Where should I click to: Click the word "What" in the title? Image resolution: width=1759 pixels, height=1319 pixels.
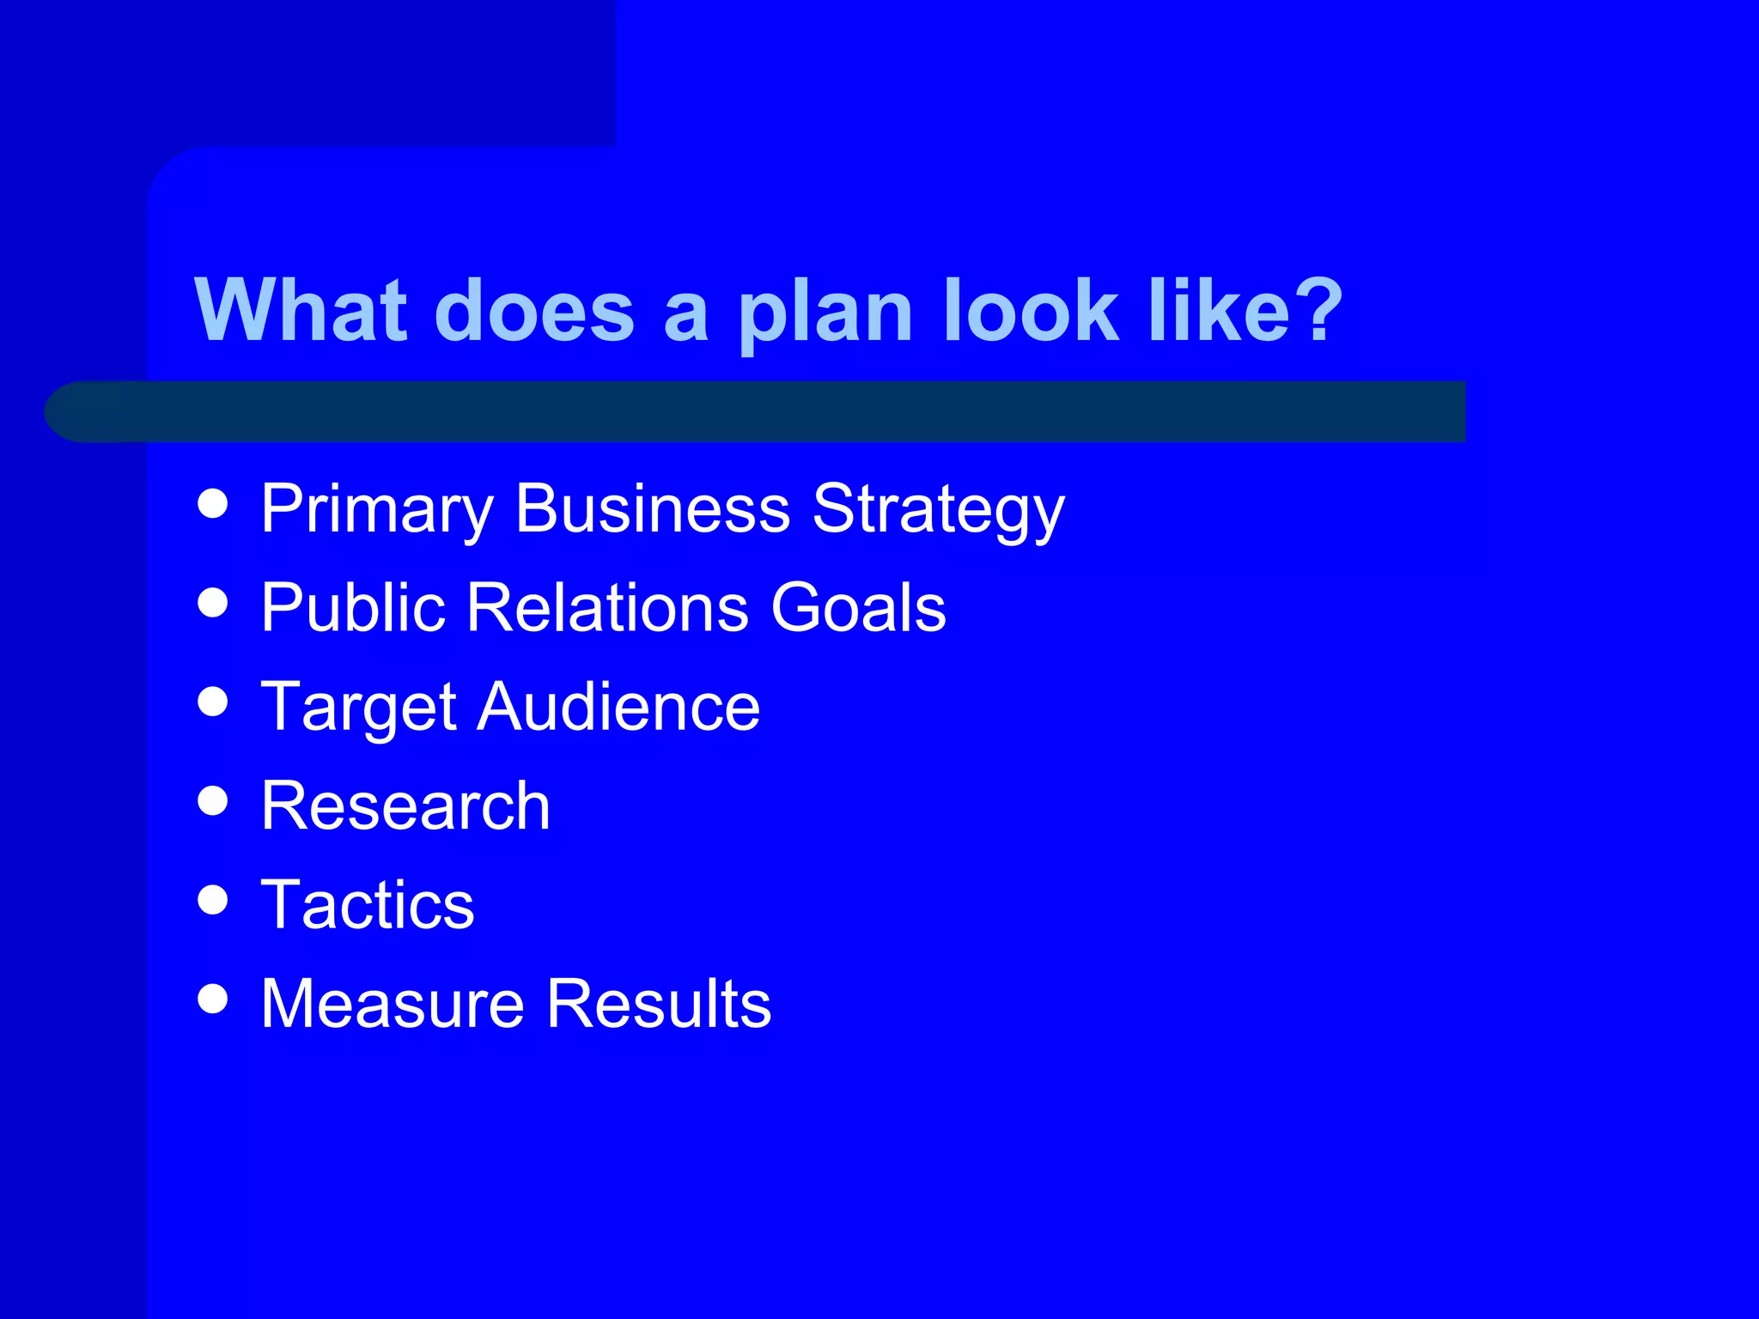coord(301,310)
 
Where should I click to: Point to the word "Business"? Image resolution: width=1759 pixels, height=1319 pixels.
coord(652,508)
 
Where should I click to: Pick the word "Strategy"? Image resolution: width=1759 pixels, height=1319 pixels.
coord(938,510)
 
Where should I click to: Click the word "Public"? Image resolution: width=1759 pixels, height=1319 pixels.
coord(353,608)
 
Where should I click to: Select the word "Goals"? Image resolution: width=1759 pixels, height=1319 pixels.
coord(858,608)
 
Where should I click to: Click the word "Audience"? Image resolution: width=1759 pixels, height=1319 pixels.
coord(618,707)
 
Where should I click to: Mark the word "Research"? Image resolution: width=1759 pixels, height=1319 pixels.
coord(405,806)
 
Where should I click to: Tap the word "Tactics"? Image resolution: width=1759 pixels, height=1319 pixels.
coord(368,905)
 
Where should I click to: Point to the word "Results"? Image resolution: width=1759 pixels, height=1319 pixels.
coord(659,1004)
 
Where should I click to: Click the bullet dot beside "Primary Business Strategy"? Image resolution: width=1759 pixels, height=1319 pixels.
coord(213,504)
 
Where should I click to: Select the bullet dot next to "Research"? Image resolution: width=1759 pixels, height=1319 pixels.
coord(213,800)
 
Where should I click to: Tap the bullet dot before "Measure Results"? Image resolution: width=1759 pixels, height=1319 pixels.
coord(213,999)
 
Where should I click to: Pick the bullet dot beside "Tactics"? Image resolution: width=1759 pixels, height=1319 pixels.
coord(213,900)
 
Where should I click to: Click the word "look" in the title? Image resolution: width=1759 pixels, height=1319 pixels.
coord(1031,310)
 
